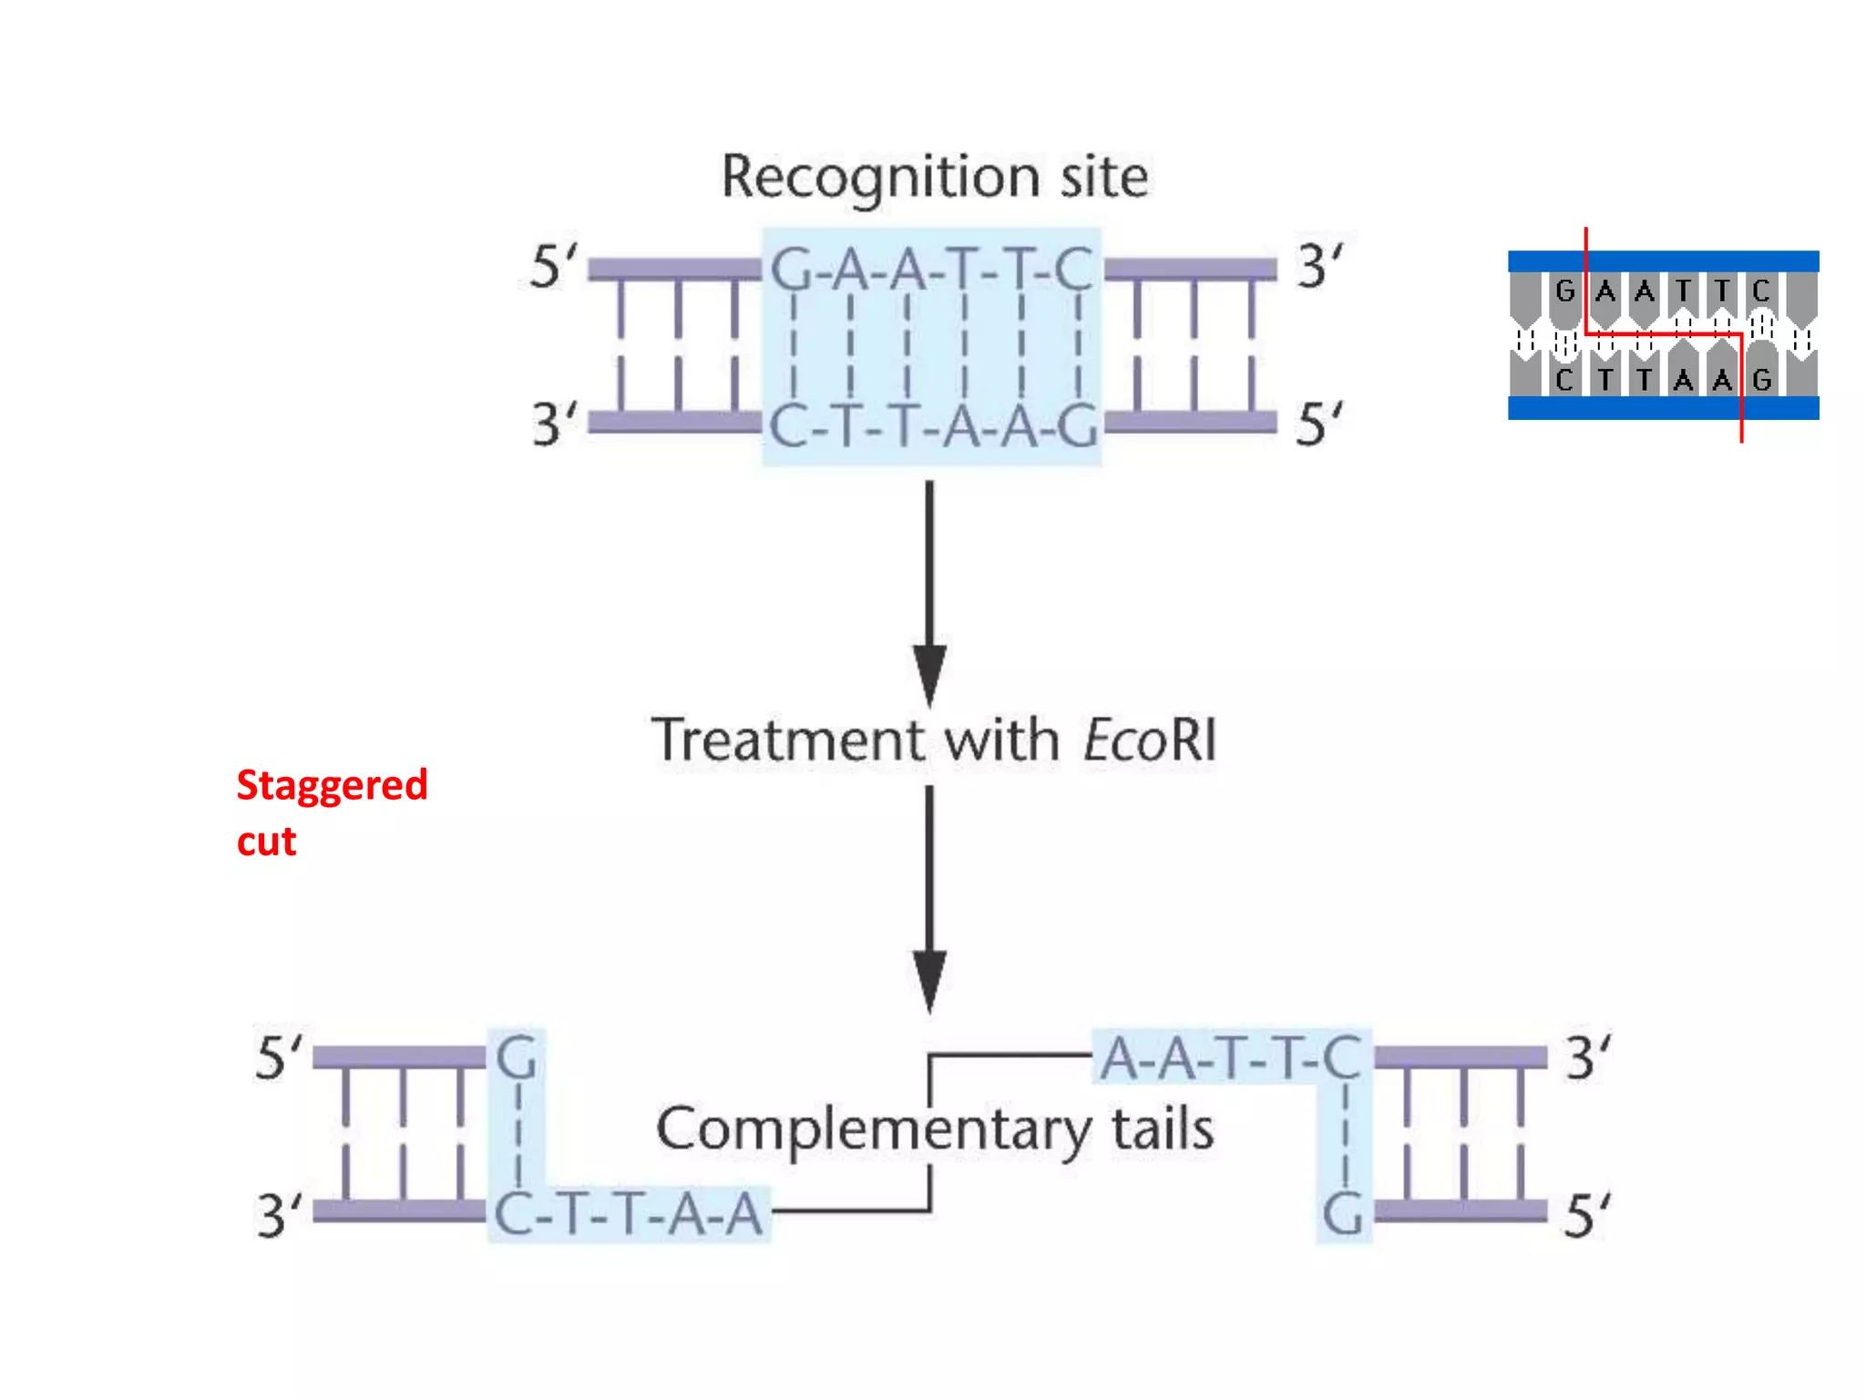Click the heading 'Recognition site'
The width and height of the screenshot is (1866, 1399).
(x=934, y=178)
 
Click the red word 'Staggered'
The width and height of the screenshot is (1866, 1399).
(x=332, y=785)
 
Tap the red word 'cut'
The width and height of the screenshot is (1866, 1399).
(x=266, y=842)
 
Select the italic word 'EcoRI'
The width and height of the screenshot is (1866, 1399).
(x=1150, y=740)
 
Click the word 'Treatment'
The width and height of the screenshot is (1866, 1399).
(x=787, y=740)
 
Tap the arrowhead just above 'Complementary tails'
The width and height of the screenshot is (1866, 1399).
(x=929, y=979)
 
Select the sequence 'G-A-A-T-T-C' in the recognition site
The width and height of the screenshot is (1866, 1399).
(x=931, y=270)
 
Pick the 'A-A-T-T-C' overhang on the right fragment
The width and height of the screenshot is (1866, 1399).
(x=1230, y=1058)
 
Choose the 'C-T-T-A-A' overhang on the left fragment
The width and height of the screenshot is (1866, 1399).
(x=629, y=1214)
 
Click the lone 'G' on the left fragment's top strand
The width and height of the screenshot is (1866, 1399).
(x=517, y=1058)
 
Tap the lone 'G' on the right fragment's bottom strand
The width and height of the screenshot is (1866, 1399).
(x=1343, y=1214)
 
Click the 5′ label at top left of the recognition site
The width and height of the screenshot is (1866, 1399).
(x=552, y=268)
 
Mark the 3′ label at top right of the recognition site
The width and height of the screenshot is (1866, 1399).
(x=1318, y=267)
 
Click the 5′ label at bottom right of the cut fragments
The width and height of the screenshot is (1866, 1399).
(x=1586, y=1215)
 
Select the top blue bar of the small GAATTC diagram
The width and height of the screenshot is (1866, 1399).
(x=1663, y=261)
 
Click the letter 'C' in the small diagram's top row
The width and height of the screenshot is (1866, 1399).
(x=1760, y=291)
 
